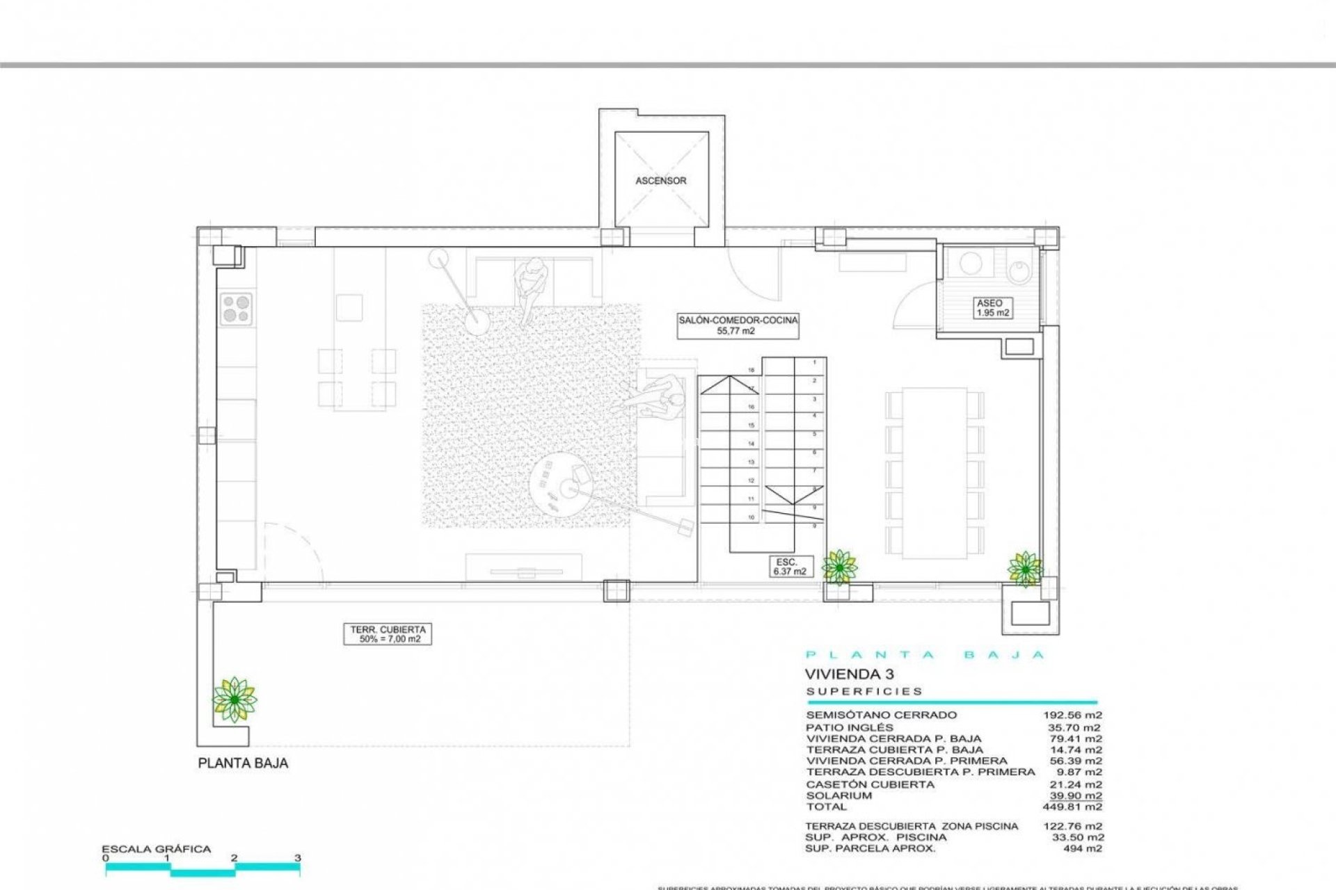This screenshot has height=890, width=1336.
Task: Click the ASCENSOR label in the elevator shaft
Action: pos(660,181)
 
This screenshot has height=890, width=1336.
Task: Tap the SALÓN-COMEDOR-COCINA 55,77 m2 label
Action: pos(738,325)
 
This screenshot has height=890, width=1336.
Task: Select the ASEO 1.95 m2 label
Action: pos(992,308)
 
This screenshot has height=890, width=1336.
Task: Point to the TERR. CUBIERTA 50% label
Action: pos(386,634)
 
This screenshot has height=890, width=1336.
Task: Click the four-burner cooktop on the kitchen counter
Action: pos(236,309)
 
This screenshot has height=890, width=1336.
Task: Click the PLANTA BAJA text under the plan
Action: pos(243,763)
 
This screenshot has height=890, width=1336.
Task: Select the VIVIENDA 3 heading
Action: pos(849,674)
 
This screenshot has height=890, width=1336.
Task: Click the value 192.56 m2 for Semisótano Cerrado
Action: pos(1072,715)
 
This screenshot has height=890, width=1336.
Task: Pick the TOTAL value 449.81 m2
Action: pos(1072,807)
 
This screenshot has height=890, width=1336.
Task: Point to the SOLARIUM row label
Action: pos(829,795)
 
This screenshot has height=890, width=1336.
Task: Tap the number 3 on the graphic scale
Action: pos(297,858)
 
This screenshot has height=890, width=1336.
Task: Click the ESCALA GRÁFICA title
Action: pos(156,849)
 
